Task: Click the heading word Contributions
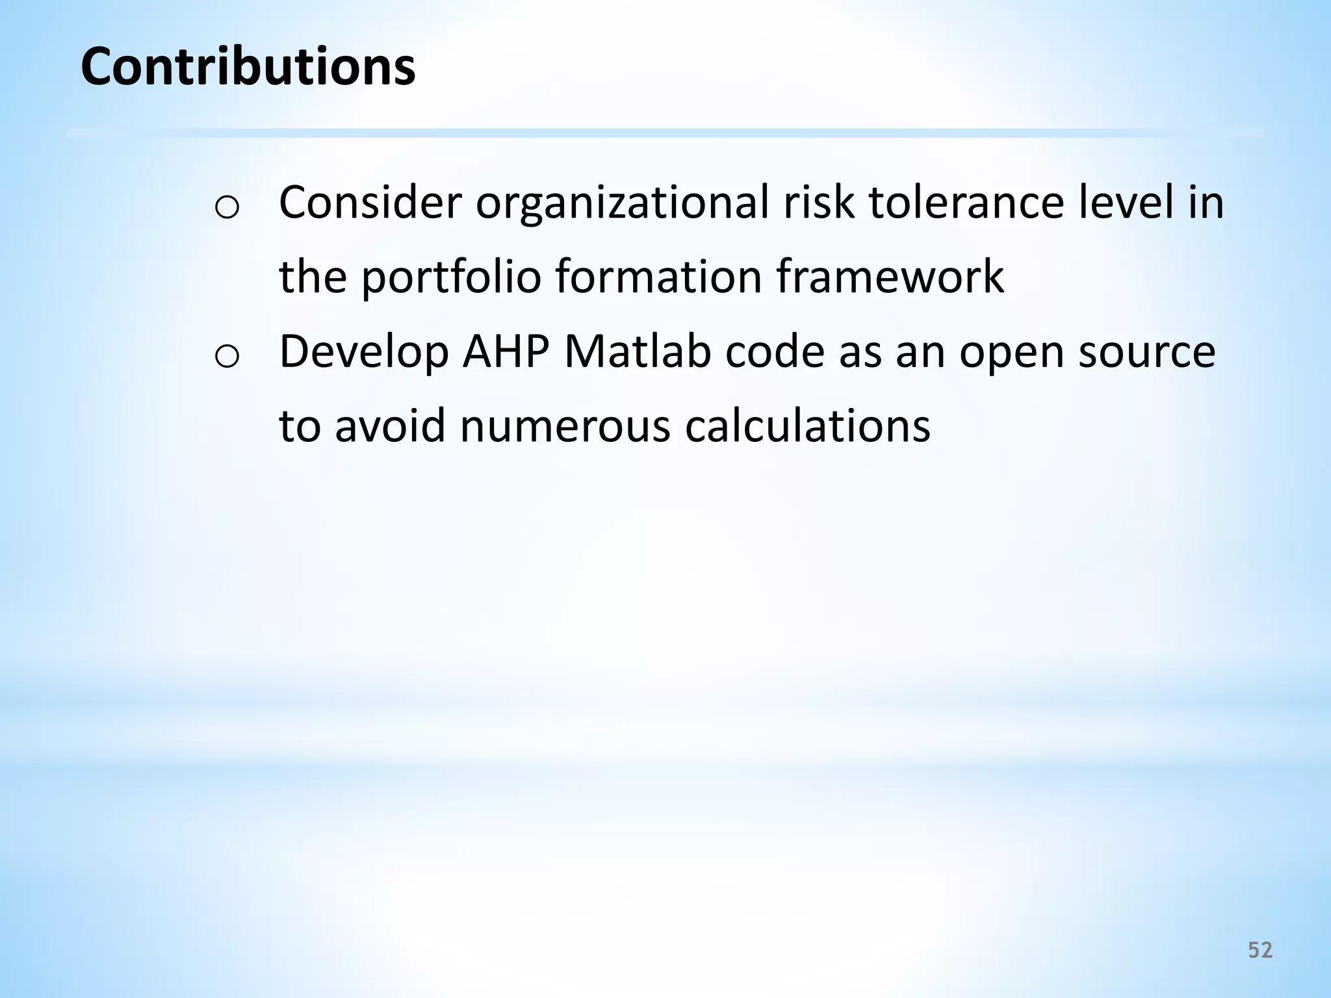point(248,66)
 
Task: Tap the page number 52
point(1260,951)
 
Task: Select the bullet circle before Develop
point(227,357)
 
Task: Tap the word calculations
point(808,426)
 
